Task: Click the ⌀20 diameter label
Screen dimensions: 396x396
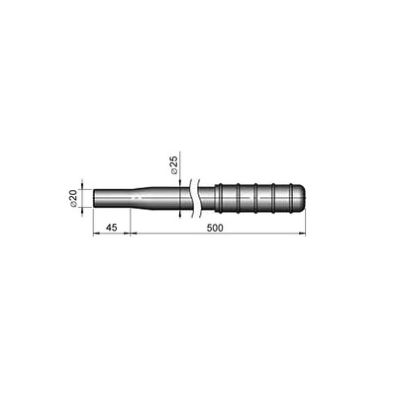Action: (x=73, y=198)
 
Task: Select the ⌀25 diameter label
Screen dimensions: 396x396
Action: (x=174, y=165)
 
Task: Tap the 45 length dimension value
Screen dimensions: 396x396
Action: (x=112, y=228)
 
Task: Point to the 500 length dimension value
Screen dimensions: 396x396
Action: (x=215, y=228)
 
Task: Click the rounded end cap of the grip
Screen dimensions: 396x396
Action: (x=300, y=198)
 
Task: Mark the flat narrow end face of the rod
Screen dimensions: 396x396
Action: (x=93, y=198)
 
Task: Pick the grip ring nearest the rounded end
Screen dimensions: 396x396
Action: (x=291, y=198)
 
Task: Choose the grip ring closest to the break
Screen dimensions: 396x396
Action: (x=218, y=198)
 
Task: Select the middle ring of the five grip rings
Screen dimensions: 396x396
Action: (x=255, y=198)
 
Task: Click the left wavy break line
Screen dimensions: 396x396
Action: (x=191, y=198)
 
